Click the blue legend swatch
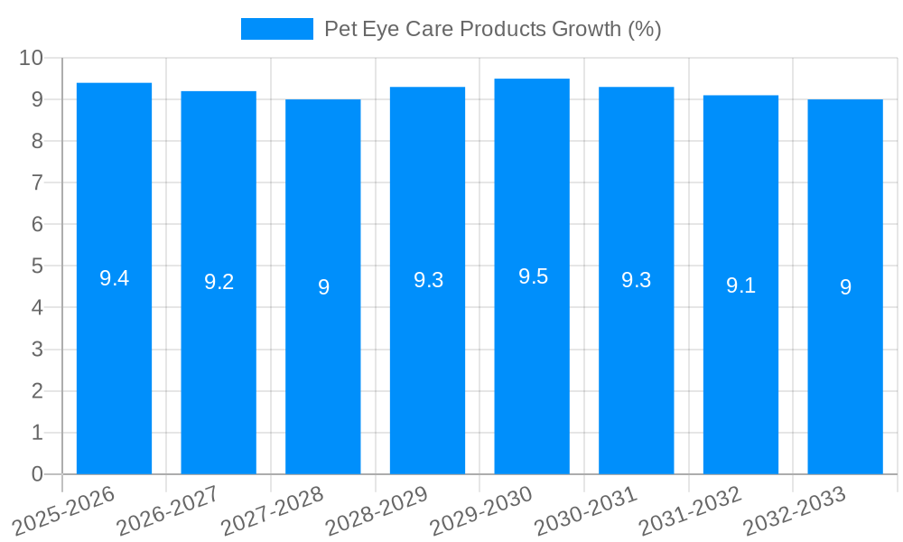click(x=276, y=29)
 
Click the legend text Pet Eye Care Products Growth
click(x=492, y=29)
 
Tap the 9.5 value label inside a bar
click(x=533, y=276)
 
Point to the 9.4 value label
click(x=114, y=278)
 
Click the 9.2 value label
click(x=219, y=282)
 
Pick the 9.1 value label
click(x=740, y=285)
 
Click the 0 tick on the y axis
click(x=37, y=474)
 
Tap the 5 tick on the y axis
click(x=37, y=266)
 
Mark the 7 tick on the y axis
click(x=37, y=182)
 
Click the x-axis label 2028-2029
click(x=376, y=511)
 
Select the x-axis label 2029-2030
click(x=480, y=511)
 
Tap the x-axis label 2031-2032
click(x=690, y=511)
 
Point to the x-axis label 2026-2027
click(x=167, y=511)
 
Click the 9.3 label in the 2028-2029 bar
click(x=428, y=280)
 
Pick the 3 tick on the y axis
click(x=37, y=350)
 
